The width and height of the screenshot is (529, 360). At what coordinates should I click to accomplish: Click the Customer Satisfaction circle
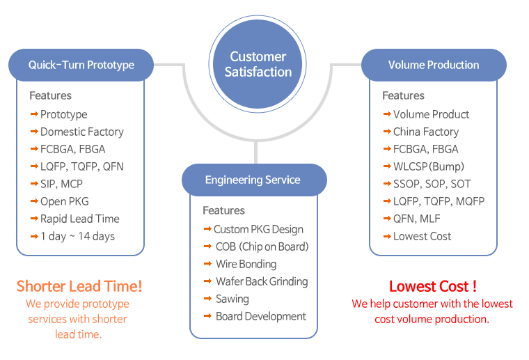click(258, 64)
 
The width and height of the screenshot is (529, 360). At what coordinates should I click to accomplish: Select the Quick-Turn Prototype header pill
click(81, 65)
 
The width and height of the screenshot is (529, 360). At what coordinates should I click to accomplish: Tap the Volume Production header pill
click(434, 65)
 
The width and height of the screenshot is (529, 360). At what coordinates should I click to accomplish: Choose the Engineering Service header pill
click(253, 180)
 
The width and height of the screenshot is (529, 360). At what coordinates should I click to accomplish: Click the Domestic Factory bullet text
click(81, 132)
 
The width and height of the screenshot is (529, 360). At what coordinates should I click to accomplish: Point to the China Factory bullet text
click(426, 132)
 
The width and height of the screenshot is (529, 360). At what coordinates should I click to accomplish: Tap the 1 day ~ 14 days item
click(77, 236)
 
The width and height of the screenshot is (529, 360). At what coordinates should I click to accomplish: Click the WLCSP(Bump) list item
click(428, 166)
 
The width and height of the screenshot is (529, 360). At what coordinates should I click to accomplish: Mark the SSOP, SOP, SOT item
click(432, 184)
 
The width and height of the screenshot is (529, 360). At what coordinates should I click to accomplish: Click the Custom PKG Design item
click(258, 229)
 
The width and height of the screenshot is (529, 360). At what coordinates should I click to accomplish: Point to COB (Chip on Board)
click(262, 246)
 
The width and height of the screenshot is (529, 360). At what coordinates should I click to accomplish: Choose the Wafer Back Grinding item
click(261, 281)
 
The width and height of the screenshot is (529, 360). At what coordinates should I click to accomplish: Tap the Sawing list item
click(232, 299)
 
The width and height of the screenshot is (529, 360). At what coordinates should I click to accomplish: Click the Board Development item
click(260, 316)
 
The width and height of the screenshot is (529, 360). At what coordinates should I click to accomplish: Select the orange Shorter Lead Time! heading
click(79, 286)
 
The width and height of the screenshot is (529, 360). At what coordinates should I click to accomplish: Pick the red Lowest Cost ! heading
click(433, 286)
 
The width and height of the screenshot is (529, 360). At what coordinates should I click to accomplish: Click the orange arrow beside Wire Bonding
click(208, 264)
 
